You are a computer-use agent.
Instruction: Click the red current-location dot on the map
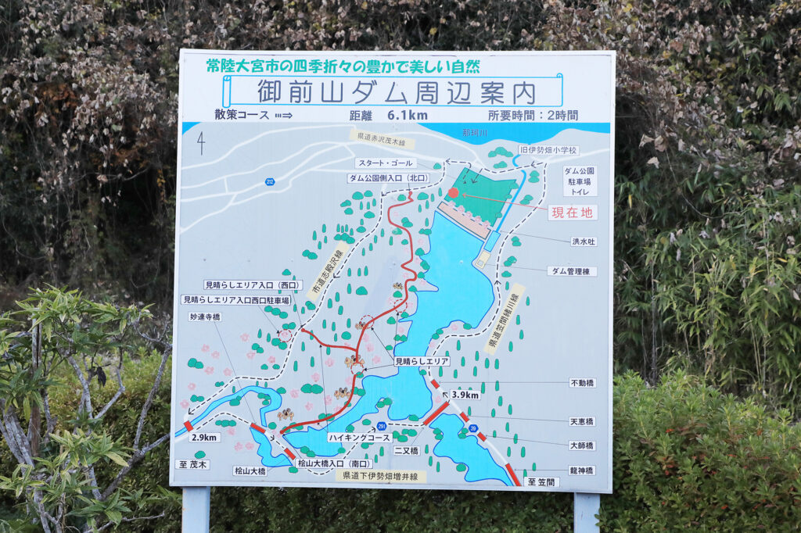pos(453,192)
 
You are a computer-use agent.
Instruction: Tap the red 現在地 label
pos(573,212)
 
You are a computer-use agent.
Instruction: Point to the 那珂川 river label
pos(476,134)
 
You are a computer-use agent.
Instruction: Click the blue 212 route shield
pos(270,181)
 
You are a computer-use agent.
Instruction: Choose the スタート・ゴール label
pos(386,163)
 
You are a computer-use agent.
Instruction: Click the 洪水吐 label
pos(583,241)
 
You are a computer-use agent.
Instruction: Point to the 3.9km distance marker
pos(465,395)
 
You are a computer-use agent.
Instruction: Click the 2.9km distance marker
pos(204,438)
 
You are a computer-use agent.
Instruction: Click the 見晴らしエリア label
pos(422,362)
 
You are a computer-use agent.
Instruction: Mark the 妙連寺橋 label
pos(205,317)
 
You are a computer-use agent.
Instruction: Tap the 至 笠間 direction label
pos(541,482)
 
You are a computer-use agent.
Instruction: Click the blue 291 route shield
pos(381,425)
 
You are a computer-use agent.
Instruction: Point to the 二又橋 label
pos(406,451)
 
